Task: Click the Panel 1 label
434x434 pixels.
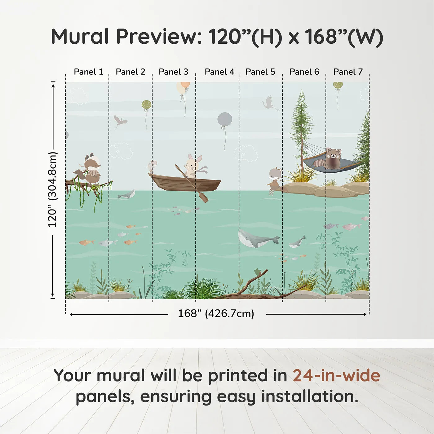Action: pyautogui.click(x=88, y=72)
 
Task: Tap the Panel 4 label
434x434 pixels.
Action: pyautogui.click(x=219, y=72)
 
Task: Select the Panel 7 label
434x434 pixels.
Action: pyautogui.click(x=348, y=72)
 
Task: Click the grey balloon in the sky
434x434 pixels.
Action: pyautogui.click(x=225, y=120)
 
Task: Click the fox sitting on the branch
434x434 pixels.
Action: pyautogui.click(x=92, y=169)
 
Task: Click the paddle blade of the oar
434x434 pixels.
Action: pyautogui.click(x=203, y=197)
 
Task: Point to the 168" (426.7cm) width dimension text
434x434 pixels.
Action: pyautogui.click(x=216, y=314)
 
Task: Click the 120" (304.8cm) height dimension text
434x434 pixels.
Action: pyautogui.click(x=52, y=190)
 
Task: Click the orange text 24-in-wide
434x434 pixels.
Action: pyautogui.click(x=336, y=376)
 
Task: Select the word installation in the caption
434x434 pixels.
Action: pyautogui.click(x=309, y=396)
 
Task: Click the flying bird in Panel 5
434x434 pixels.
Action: pyautogui.click(x=269, y=103)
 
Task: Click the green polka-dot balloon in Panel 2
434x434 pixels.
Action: pyautogui.click(x=146, y=105)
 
